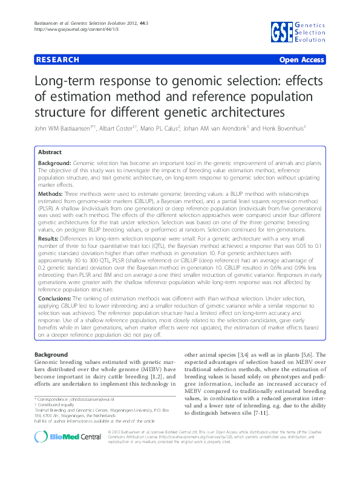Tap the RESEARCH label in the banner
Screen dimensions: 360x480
click(57, 60)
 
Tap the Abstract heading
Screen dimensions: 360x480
click(50, 152)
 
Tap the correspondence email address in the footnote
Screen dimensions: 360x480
click(97, 400)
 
